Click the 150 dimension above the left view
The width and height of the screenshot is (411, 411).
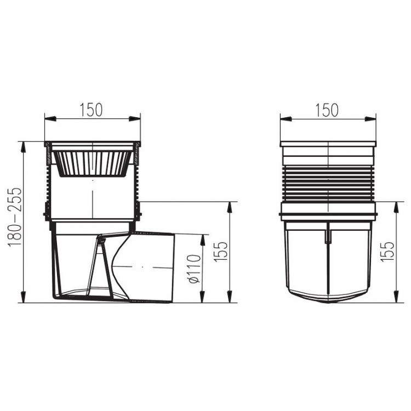(92, 110)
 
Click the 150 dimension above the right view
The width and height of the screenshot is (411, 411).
(327, 110)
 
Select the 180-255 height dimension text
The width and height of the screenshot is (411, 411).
(15, 216)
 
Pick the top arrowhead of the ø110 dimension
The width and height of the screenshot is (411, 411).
(202, 237)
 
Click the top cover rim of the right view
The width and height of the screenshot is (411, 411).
(328, 144)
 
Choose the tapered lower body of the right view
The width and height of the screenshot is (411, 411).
(328, 263)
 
